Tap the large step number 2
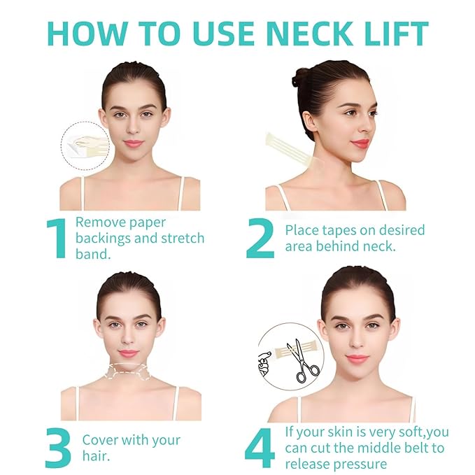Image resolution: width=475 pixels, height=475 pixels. pos(260,239)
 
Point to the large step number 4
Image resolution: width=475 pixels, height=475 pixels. pos(260,448)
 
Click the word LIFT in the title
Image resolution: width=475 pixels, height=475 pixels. pos(392,34)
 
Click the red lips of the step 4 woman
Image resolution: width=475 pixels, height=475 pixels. pos(357,359)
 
